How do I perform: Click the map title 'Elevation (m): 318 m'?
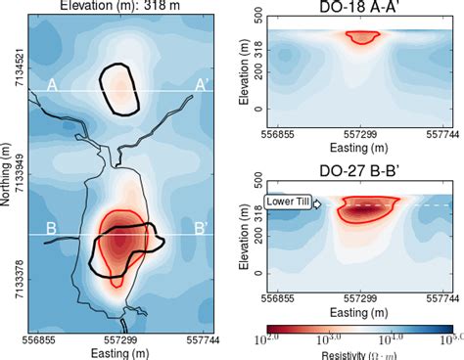tap(117, 7)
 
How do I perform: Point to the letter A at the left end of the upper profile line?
tap(52, 85)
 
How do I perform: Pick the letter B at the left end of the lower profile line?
tap(52, 229)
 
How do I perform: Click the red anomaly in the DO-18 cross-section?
tap(362, 36)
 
